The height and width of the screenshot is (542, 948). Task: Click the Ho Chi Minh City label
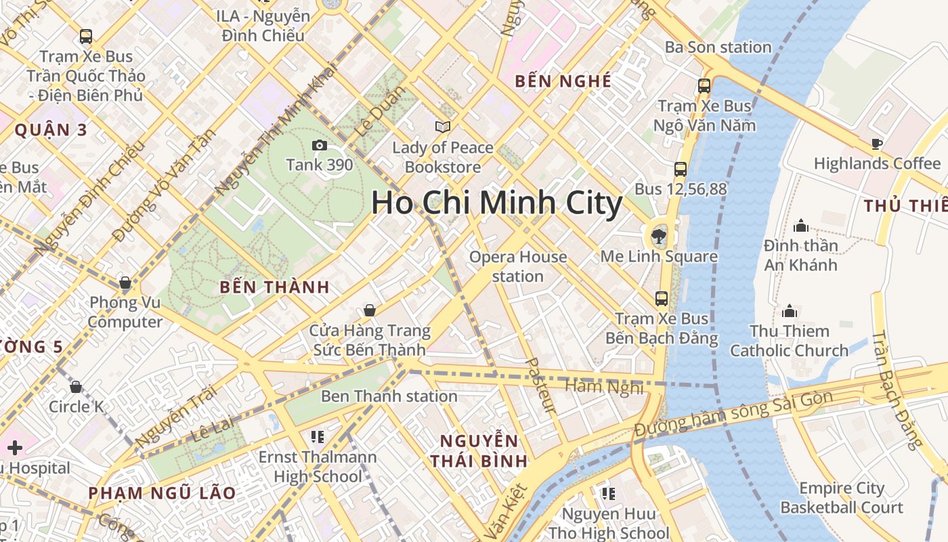(496, 203)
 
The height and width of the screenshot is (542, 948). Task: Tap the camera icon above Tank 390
(320, 145)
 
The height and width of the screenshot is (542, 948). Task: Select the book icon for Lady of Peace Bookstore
(443, 127)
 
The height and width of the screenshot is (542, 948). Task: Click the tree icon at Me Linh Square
(658, 236)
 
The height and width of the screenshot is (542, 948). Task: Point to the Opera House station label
(518, 266)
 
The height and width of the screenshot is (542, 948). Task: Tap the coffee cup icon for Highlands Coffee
(877, 144)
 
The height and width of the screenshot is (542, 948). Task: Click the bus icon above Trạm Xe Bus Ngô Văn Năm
(704, 86)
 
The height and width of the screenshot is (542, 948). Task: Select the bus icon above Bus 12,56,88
(681, 169)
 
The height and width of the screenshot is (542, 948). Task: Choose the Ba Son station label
(718, 47)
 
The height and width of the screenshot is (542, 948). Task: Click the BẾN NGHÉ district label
(563, 81)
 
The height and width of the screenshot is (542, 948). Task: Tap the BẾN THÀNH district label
(275, 287)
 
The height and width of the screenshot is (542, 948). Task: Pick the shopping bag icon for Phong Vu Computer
(125, 283)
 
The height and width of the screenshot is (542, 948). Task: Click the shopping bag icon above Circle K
(76, 387)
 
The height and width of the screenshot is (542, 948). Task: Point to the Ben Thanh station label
(389, 396)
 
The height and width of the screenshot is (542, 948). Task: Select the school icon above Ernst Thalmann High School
(317, 436)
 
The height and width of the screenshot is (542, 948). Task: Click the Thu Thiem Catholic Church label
(789, 341)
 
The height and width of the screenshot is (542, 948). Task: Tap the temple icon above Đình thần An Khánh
(801, 226)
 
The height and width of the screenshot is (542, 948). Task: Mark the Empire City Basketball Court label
(842, 498)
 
